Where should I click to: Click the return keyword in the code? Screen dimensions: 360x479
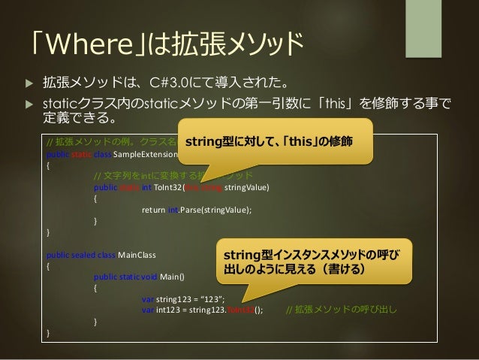point(153,210)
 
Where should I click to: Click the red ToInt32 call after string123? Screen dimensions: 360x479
point(239,309)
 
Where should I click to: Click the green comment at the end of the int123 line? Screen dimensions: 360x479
point(342,309)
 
